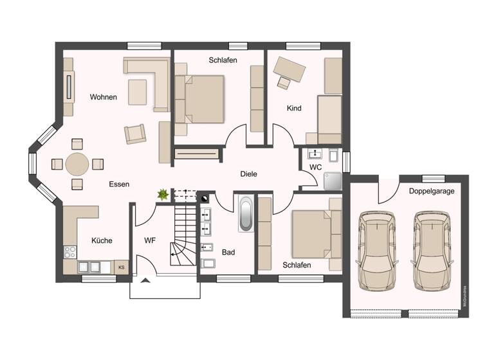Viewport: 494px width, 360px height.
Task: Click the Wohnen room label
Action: click(x=103, y=98)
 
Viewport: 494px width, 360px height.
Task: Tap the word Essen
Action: click(x=119, y=184)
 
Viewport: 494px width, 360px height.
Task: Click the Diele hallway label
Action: click(x=249, y=174)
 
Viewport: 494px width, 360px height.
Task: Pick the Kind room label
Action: click(x=294, y=109)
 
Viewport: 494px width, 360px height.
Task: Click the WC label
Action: click(x=315, y=167)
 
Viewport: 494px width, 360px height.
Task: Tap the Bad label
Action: click(x=228, y=253)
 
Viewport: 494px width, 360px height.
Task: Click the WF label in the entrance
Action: click(x=150, y=240)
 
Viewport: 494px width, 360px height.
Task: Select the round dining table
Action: click(x=77, y=164)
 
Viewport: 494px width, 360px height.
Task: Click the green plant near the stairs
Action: click(x=163, y=194)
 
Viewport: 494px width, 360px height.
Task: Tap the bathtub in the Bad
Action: click(x=246, y=215)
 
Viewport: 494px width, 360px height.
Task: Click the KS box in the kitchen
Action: click(x=121, y=265)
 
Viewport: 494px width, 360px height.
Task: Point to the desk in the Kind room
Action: click(x=290, y=67)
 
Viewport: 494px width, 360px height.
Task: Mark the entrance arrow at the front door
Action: click(x=145, y=280)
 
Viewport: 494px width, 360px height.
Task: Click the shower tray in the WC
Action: click(x=333, y=181)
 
